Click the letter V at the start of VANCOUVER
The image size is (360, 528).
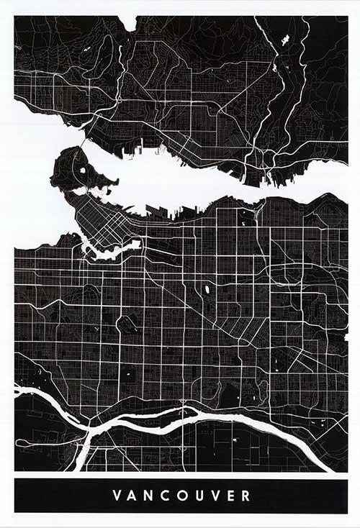click(117, 496)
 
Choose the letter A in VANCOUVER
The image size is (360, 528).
click(134, 496)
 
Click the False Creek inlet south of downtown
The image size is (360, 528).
click(112, 251)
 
